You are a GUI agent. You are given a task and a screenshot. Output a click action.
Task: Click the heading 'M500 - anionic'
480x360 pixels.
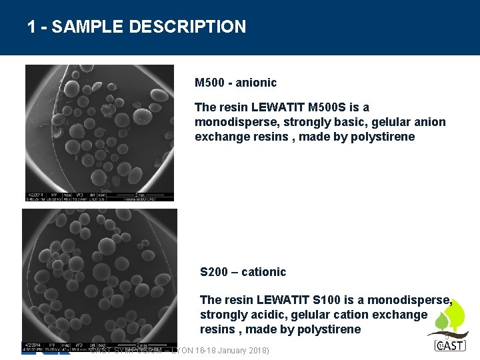click(235, 83)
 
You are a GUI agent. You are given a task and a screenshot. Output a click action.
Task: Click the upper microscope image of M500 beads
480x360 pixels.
click(99, 127)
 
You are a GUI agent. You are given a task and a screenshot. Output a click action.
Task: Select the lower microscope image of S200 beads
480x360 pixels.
click(100, 273)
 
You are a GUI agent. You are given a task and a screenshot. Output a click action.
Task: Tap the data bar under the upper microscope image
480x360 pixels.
click(99, 197)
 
